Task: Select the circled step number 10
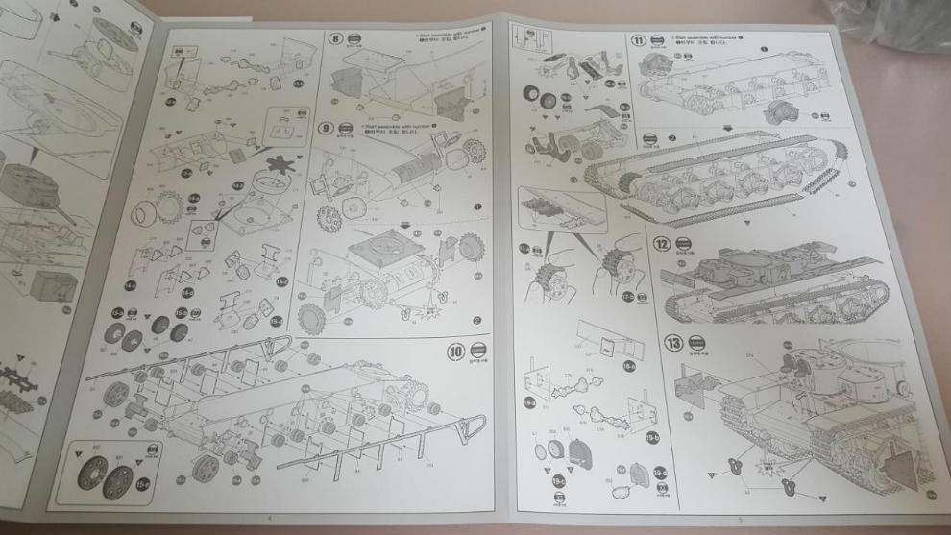point(455,352)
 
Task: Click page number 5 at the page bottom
point(741,520)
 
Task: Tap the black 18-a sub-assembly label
point(629,365)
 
